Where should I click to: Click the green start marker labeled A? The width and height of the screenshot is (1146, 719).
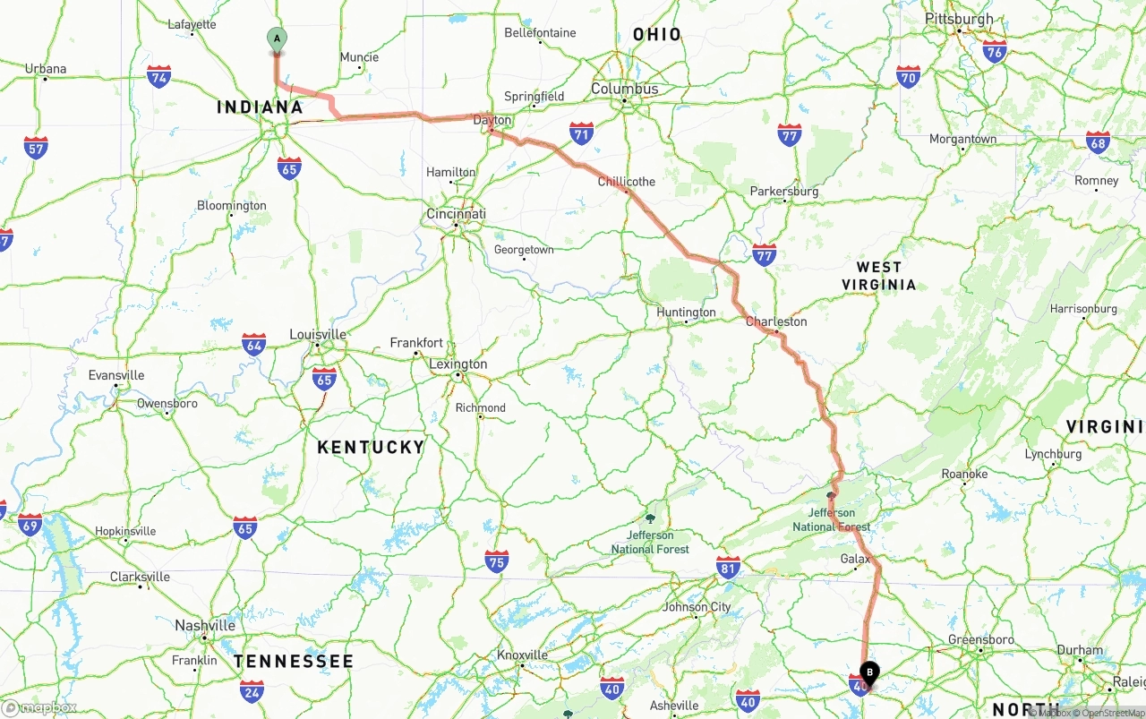(x=277, y=39)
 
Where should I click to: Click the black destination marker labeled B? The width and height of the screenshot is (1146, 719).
(x=869, y=672)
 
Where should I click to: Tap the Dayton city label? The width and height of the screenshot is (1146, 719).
(x=492, y=120)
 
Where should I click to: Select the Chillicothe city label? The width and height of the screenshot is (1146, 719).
(x=627, y=182)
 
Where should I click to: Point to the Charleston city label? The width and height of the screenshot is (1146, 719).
(x=776, y=321)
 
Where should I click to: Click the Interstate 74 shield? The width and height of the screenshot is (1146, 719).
(x=159, y=76)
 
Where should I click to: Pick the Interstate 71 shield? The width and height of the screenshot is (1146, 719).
(x=582, y=133)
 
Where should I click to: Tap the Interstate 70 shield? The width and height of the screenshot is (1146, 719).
(x=909, y=76)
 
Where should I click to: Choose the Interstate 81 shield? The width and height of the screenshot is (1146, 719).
(x=729, y=566)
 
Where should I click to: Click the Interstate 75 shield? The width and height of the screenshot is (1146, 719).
(x=497, y=561)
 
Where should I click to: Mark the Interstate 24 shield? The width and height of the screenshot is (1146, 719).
(x=252, y=690)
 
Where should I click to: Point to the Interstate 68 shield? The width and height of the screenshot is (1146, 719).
(x=1098, y=141)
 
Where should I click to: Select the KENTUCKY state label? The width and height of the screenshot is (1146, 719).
(x=371, y=447)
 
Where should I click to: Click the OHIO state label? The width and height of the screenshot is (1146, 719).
(x=657, y=35)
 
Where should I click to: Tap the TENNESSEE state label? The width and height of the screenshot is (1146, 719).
(x=294, y=662)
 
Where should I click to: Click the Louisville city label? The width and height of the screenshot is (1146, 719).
(x=318, y=334)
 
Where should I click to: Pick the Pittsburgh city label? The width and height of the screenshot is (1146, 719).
(x=959, y=19)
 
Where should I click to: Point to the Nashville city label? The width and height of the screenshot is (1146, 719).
(x=205, y=625)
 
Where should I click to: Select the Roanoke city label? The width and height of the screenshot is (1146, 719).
(x=964, y=474)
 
